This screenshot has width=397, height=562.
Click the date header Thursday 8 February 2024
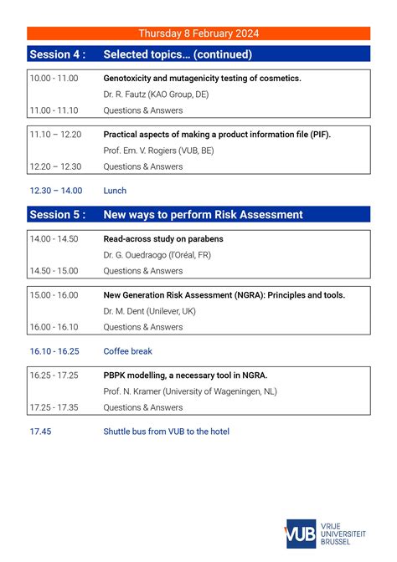click(198, 33)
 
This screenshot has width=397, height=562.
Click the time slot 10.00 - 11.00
click(54, 78)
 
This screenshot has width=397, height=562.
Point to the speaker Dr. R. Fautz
click(156, 95)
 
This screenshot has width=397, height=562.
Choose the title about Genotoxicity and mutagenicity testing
click(202, 78)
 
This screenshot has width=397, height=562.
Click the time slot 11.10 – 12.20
click(55, 134)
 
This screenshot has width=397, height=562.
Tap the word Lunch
click(115, 191)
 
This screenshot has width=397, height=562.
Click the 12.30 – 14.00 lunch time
click(55, 191)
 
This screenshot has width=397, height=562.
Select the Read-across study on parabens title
click(162, 239)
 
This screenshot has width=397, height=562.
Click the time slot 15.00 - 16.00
click(54, 295)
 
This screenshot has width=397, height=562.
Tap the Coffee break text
click(127, 351)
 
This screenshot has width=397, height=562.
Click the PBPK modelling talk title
click(185, 376)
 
